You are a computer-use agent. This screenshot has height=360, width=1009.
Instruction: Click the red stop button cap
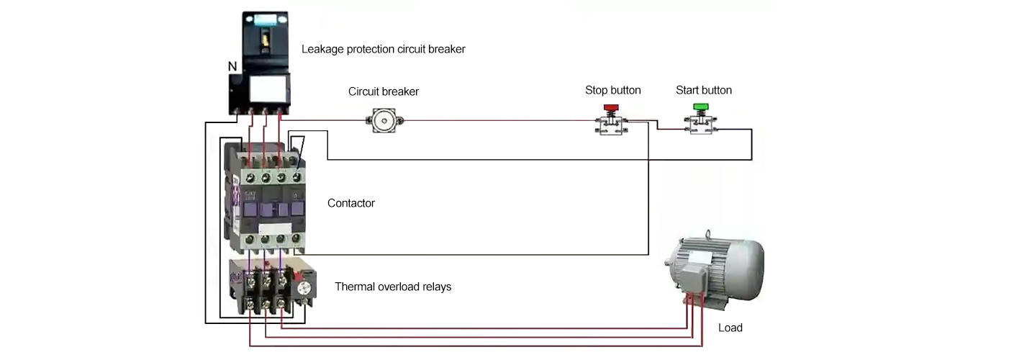pos(611,108)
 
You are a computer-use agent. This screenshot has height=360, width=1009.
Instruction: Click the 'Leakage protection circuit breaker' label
pos(383,50)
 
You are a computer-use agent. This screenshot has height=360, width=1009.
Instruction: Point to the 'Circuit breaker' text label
pos(384,91)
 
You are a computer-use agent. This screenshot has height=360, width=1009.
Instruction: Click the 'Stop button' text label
pos(612,90)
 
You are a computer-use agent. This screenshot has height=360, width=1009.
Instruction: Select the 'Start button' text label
pos(703,90)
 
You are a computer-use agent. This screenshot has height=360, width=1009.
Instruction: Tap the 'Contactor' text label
pos(350,203)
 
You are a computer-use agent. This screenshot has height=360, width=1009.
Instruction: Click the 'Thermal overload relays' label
pos(393,287)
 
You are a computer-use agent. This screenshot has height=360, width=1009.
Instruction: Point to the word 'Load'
pos(730,328)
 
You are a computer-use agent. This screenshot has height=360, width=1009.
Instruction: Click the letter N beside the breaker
pos(232,66)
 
